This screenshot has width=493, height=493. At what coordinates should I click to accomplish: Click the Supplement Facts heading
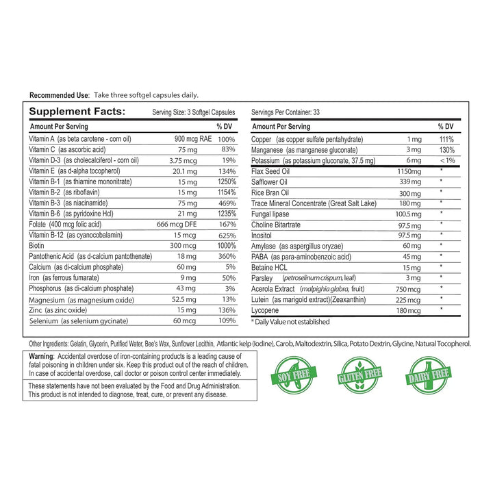(77, 112)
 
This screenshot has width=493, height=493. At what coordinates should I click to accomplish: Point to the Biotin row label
(36, 244)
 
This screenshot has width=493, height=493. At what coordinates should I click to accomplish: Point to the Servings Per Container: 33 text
(286, 112)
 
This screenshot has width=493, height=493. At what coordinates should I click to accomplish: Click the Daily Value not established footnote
(290, 322)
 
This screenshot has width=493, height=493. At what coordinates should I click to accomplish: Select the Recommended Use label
(60, 95)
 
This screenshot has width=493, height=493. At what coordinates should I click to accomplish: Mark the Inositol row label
(264, 235)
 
